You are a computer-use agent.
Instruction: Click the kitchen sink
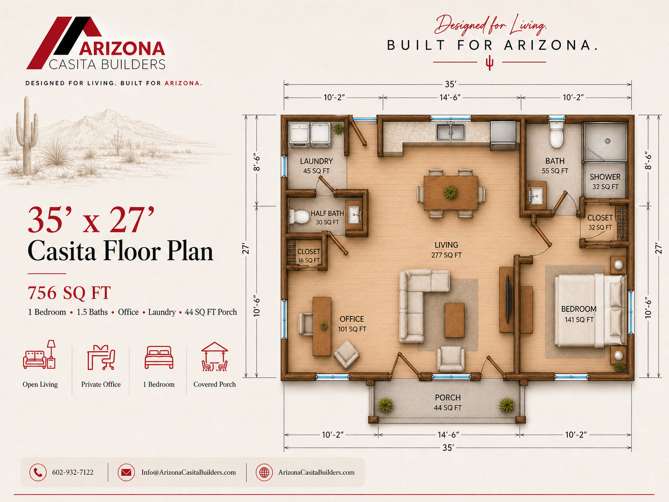[450, 132]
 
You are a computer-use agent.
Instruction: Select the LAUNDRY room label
[316, 161]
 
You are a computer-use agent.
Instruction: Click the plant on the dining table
[450, 192]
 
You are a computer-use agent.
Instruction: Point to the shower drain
[608, 141]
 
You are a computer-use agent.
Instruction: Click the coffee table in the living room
[455, 320]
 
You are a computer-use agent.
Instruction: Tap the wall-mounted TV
[508, 300]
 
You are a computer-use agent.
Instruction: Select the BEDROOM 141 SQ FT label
[579, 314]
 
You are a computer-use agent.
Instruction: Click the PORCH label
[448, 398]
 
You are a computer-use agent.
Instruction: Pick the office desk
[322, 326]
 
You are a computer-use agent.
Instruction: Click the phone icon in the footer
[38, 472]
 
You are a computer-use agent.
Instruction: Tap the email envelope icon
[126, 472]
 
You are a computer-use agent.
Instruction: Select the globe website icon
[264, 472]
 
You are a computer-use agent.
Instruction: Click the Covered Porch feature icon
[214, 356]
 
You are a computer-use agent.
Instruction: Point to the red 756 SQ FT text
[69, 293]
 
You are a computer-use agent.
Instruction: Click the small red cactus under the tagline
[489, 63]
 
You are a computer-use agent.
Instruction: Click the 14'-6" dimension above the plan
[450, 98]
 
